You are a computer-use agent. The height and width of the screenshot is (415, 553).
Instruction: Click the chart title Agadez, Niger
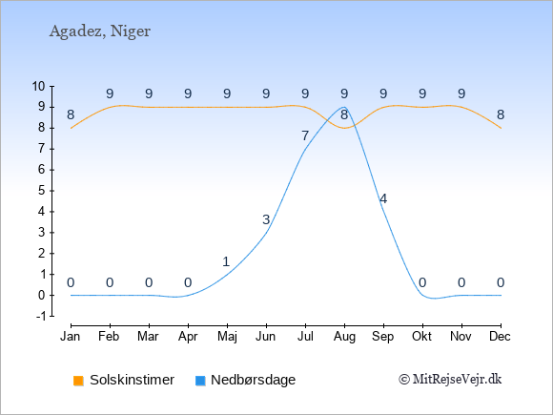click(x=100, y=31)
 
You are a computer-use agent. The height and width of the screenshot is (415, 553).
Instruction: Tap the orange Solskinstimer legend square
click(x=78, y=381)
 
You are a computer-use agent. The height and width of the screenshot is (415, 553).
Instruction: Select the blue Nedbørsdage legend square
click(x=200, y=381)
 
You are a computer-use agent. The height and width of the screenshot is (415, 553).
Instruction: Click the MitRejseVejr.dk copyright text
click(x=450, y=380)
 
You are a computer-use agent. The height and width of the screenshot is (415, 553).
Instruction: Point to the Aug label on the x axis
click(x=344, y=337)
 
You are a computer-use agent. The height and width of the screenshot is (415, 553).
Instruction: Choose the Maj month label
click(x=227, y=337)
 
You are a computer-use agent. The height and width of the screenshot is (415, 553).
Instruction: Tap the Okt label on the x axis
click(x=422, y=337)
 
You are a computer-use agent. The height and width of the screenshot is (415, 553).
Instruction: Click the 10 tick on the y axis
click(x=39, y=86)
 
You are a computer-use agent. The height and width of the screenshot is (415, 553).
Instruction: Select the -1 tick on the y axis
click(x=41, y=316)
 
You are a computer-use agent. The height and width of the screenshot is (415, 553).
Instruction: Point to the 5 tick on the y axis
click(x=42, y=191)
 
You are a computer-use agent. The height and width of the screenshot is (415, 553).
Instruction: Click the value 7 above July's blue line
click(x=305, y=135)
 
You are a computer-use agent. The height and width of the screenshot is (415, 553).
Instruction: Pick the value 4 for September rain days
click(x=383, y=198)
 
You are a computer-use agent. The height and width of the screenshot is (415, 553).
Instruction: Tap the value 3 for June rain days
click(x=266, y=219)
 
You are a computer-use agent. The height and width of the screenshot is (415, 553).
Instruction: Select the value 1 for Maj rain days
click(x=226, y=261)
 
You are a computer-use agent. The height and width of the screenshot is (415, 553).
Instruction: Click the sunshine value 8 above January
click(x=71, y=114)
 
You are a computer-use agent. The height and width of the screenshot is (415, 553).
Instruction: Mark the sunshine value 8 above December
click(x=501, y=114)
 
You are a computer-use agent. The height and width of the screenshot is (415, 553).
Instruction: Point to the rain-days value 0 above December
click(x=501, y=282)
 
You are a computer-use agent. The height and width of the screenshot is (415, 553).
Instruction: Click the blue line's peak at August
click(x=344, y=107)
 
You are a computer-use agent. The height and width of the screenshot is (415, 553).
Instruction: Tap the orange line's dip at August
click(x=344, y=128)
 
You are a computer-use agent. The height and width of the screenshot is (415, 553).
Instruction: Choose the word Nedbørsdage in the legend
click(x=254, y=380)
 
